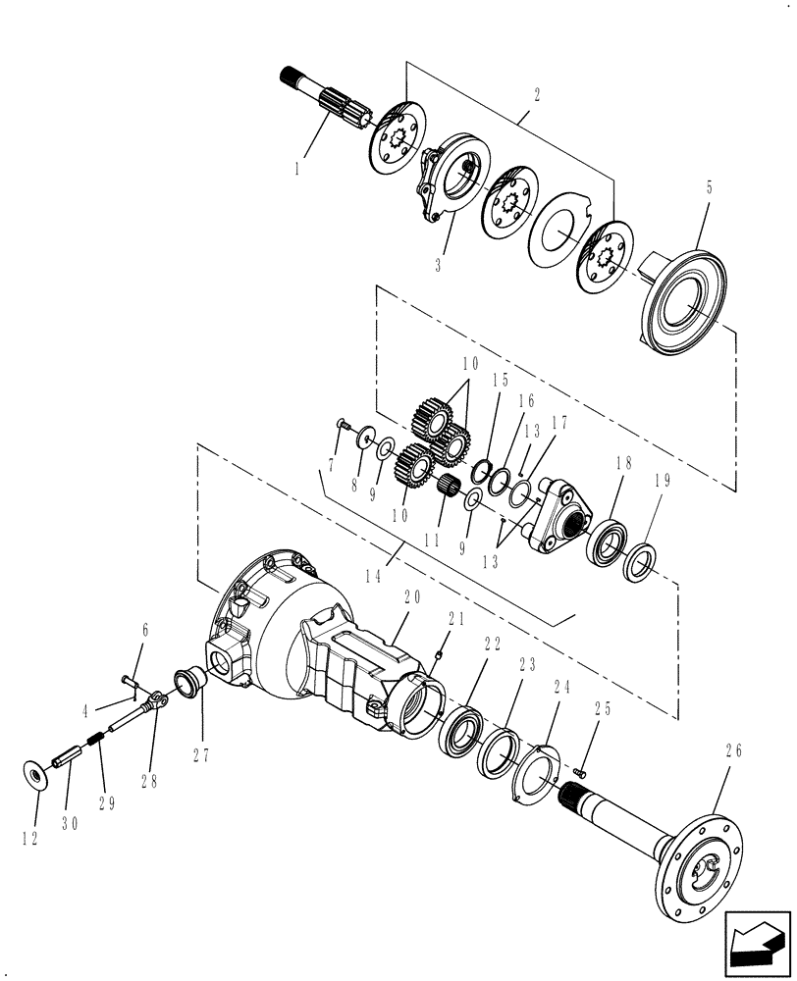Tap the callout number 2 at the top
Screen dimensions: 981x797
coord(538,97)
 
